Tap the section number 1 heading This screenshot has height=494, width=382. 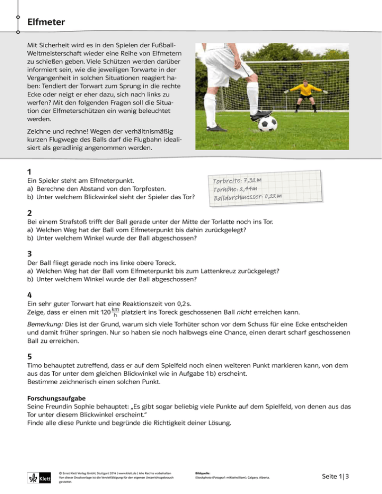coord(29,171)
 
